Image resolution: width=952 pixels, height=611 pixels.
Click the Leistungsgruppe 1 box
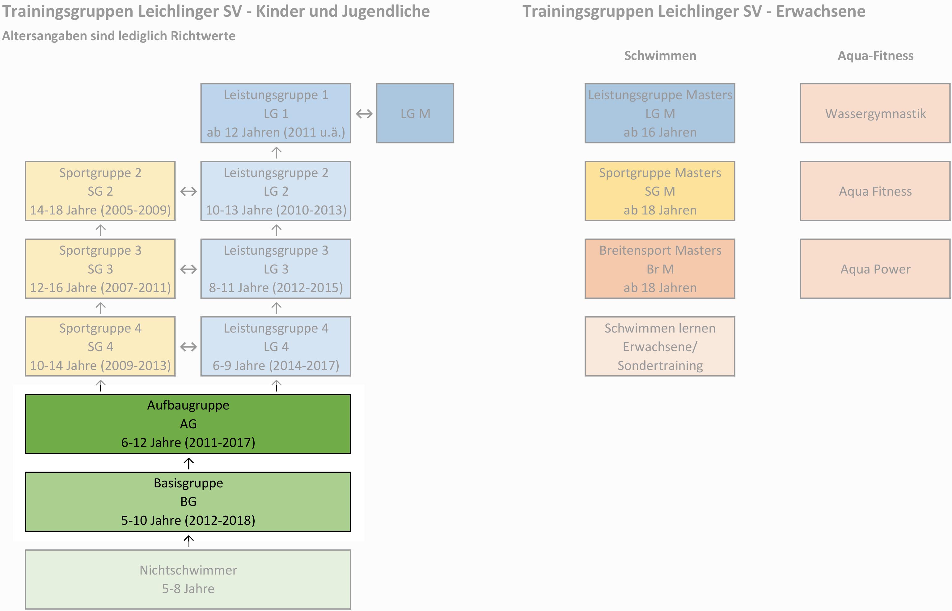coord(276,113)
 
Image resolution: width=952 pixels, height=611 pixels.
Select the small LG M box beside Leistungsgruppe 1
coord(415,113)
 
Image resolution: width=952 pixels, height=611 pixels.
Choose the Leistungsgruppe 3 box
coord(276,269)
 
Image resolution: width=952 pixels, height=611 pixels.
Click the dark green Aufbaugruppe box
coord(188,424)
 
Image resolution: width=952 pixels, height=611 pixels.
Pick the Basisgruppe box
coord(188,502)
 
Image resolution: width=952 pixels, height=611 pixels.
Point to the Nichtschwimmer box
coord(188,579)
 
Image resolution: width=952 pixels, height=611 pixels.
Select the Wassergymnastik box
coord(875,113)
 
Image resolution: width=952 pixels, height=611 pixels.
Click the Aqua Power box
coord(875,269)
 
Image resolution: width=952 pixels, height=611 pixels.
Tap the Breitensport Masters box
coord(660,269)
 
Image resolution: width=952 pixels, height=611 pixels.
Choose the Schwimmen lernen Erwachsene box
coord(660,346)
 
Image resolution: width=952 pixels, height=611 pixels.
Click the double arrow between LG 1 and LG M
coord(364,114)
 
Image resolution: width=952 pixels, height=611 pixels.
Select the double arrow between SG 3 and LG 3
coord(188,269)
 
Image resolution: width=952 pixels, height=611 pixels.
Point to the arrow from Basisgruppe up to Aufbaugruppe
coord(188,463)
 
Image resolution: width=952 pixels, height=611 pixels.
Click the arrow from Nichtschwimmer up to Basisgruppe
coord(188,540)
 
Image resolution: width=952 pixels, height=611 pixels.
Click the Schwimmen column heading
coord(660,56)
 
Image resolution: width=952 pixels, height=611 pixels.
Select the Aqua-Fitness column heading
coord(875,56)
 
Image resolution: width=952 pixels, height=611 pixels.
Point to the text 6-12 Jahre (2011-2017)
coord(188,442)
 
